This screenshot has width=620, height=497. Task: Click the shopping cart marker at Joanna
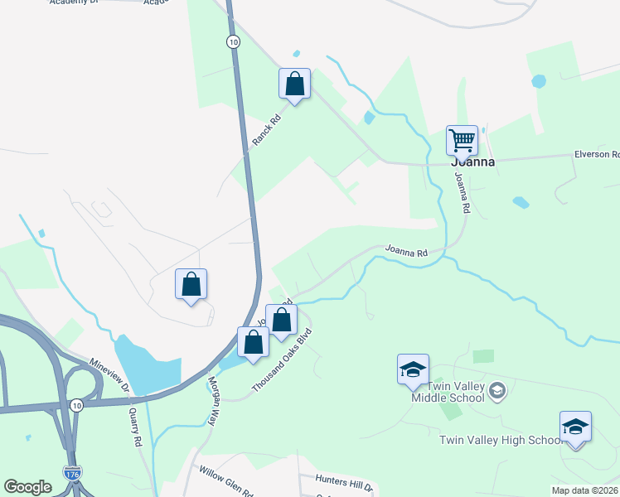(462, 140)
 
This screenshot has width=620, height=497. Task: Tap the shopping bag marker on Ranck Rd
(294, 83)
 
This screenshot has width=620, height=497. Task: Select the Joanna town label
(472, 162)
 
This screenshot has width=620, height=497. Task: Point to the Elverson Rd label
(597, 154)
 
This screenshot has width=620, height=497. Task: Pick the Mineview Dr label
(109, 376)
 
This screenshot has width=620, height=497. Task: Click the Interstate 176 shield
(72, 474)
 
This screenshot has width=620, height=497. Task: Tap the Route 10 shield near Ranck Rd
(234, 41)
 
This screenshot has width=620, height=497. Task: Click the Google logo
(27, 487)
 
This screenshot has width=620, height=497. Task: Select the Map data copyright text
(585, 490)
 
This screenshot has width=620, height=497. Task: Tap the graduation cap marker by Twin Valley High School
(575, 427)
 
